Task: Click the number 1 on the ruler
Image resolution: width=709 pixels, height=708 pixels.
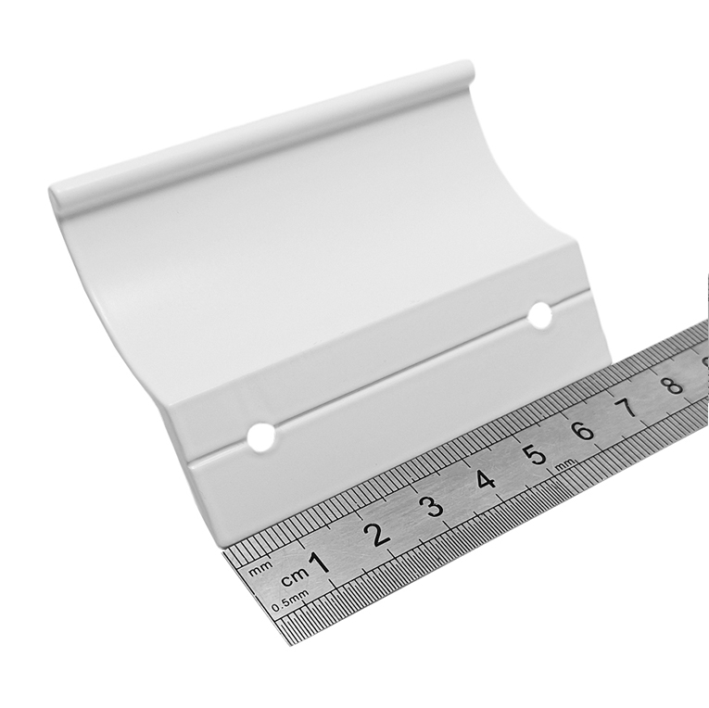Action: pyautogui.click(x=319, y=563)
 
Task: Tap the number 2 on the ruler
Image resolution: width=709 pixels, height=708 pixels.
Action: pyautogui.click(x=378, y=535)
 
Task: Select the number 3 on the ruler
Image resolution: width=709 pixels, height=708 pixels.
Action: pyautogui.click(x=434, y=507)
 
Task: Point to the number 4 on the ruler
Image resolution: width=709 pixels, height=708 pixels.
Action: pyautogui.click(x=485, y=480)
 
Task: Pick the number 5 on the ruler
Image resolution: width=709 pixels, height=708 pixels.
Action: pyautogui.click(x=536, y=454)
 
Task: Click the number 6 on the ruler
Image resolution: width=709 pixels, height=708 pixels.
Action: pyautogui.click(x=583, y=430)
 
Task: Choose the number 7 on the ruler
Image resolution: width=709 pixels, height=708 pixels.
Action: pyautogui.click(x=628, y=408)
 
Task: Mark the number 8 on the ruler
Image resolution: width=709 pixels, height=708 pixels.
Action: pyautogui.click(x=672, y=386)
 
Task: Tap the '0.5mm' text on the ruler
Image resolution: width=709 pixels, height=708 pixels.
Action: pyautogui.click(x=290, y=601)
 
